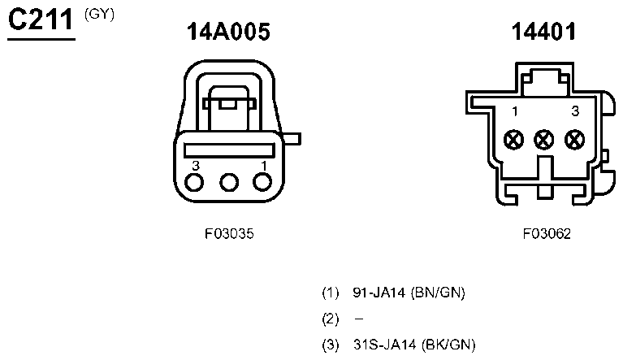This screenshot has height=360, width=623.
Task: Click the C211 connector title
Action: [41, 20]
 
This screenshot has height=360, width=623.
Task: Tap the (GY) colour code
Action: [99, 15]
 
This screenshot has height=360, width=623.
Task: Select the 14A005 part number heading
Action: [228, 32]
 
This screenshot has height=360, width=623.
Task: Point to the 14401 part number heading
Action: [543, 32]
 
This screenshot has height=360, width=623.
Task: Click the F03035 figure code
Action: [229, 234]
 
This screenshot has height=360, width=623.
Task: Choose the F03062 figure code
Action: [547, 234]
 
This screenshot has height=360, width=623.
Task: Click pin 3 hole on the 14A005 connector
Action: [194, 183]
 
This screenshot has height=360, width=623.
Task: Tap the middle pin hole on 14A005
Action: [229, 183]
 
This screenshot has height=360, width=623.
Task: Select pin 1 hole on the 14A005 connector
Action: [262, 182]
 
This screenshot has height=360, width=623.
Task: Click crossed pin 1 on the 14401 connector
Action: [513, 140]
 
